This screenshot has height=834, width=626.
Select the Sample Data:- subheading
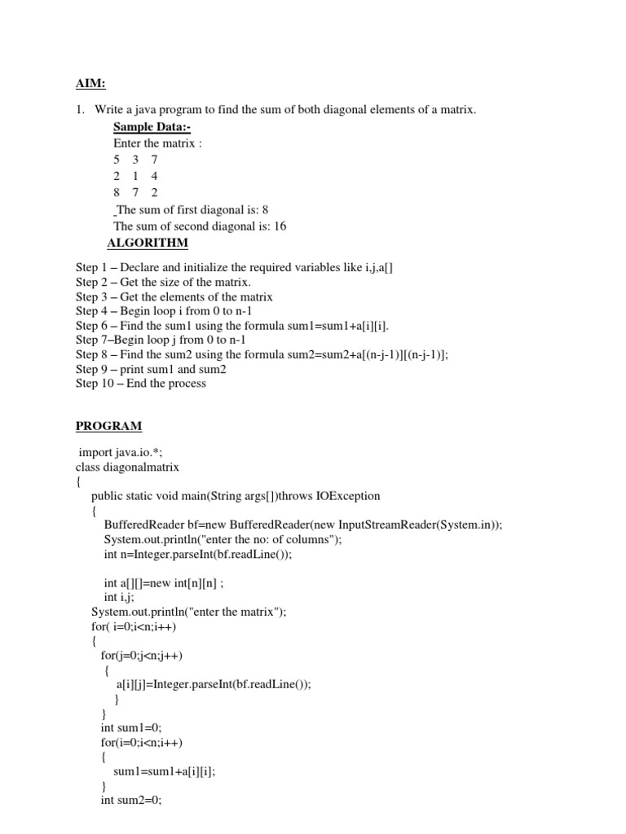coord(152,126)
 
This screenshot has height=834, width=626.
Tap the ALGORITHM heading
coord(148,243)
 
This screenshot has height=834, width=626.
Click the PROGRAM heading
coord(108,425)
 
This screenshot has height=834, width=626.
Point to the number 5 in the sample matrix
coord(117,160)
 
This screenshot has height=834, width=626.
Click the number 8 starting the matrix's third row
coord(117,192)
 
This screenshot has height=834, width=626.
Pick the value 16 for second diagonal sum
coord(280,226)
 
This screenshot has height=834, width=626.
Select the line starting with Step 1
coord(235,268)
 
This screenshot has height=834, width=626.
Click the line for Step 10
coord(141,383)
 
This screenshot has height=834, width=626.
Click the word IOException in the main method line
coord(342,495)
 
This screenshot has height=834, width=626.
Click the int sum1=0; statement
coord(131,727)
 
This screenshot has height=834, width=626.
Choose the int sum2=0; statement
coord(131,800)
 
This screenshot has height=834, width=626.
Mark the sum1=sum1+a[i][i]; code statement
coord(164,770)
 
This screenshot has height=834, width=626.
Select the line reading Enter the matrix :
coord(157,143)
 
